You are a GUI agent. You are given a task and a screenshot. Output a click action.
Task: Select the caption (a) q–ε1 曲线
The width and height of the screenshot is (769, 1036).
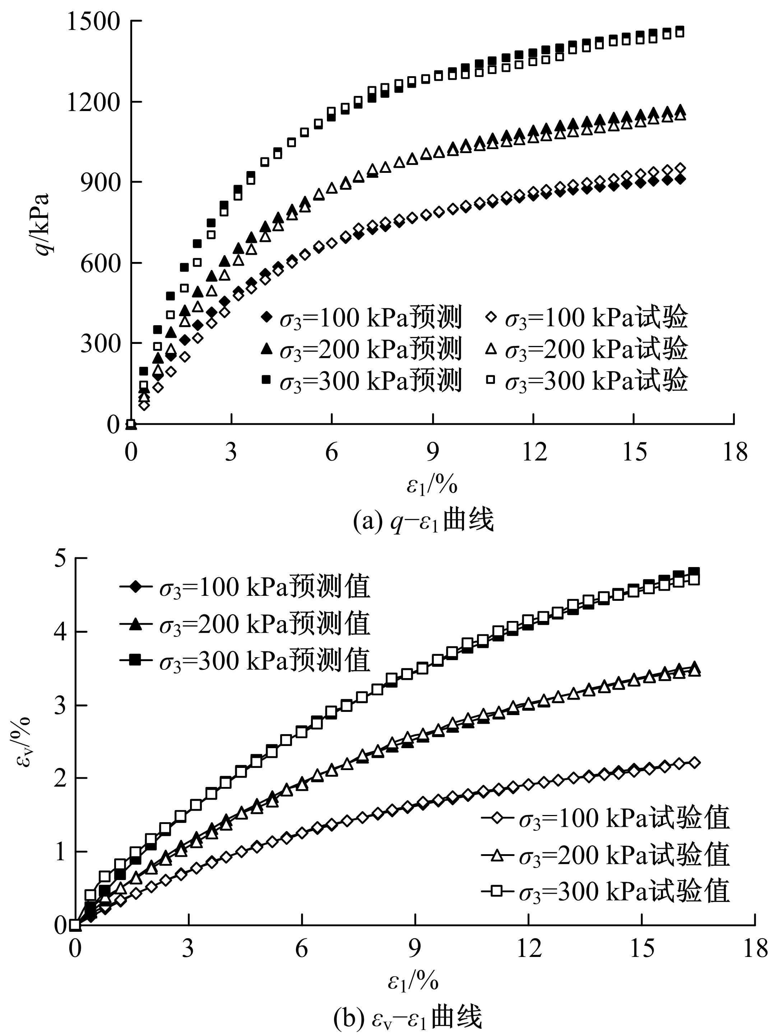pyautogui.click(x=423, y=520)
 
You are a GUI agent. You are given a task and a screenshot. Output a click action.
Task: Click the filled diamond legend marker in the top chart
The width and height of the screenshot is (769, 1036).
pyautogui.click(x=266, y=318)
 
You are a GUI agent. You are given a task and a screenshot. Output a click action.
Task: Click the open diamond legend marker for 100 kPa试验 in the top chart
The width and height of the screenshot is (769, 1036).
pyautogui.click(x=490, y=318)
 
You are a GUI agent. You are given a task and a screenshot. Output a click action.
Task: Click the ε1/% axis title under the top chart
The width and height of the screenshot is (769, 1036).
pyautogui.click(x=432, y=485)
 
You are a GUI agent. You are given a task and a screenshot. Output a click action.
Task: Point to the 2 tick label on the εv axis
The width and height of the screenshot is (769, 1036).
pyautogui.click(x=60, y=778)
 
